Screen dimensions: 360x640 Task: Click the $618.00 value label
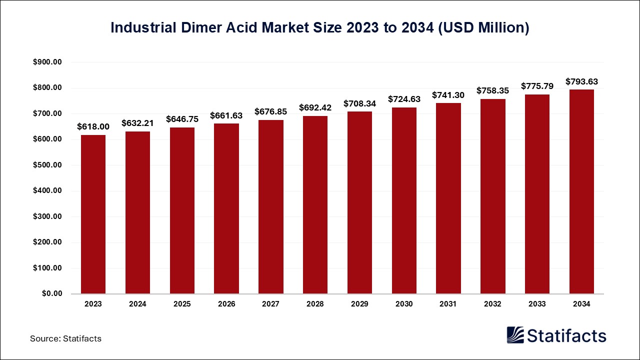point(93,127)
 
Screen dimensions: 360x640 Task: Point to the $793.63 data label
point(581,81)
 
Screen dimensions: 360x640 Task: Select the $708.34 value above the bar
point(359,103)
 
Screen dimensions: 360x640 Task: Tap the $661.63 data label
point(226,115)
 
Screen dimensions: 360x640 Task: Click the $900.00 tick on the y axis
point(47,62)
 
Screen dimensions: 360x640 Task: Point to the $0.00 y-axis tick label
point(51,294)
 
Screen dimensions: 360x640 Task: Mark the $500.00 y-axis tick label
point(47,165)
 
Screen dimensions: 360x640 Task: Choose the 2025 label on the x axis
point(182,304)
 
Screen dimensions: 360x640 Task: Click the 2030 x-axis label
point(404,304)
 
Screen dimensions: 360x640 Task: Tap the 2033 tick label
point(537,304)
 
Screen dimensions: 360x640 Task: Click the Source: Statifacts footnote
point(65,338)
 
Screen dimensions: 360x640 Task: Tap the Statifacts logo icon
point(515,335)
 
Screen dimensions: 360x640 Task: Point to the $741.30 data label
point(448,95)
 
